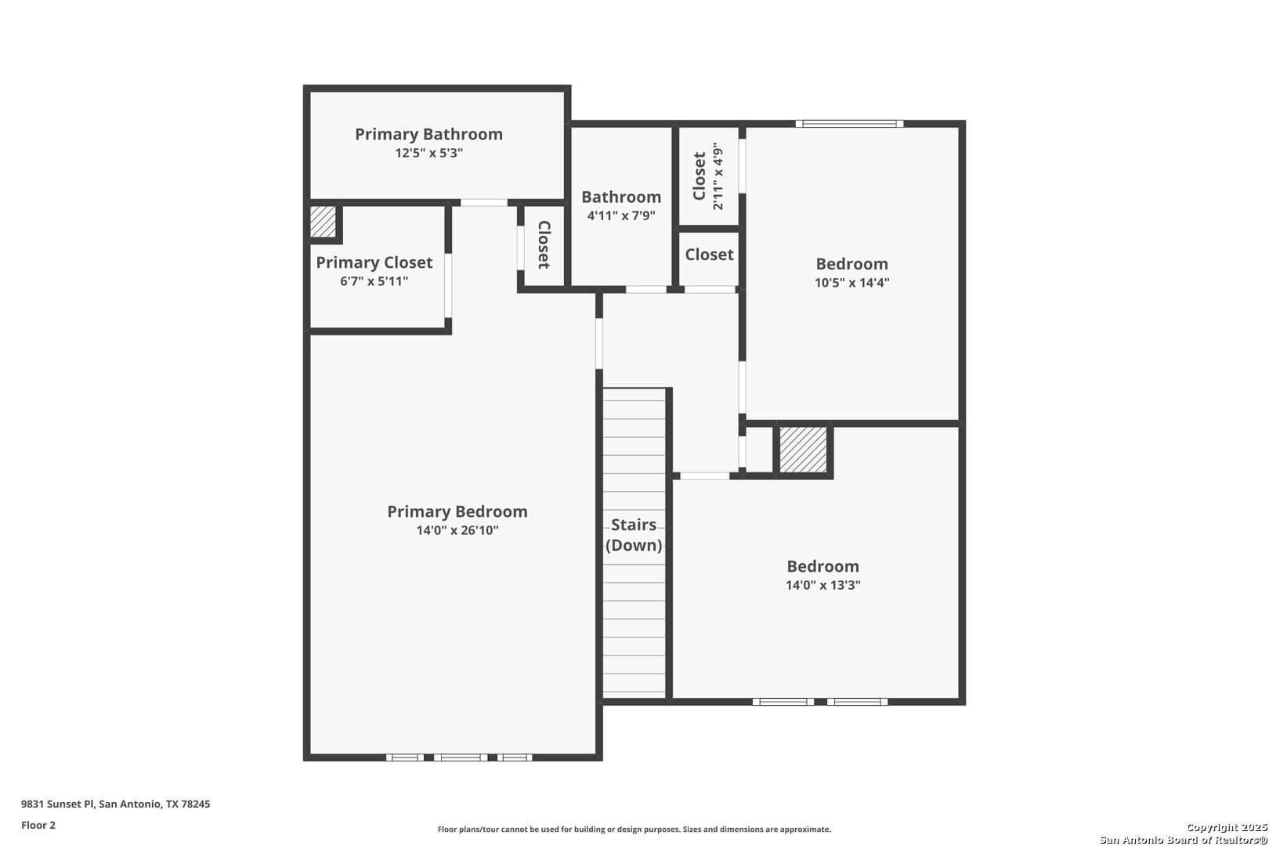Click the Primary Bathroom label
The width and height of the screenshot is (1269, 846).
pyautogui.click(x=428, y=134)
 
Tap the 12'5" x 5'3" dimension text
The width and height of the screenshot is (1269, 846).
pyautogui.click(x=428, y=153)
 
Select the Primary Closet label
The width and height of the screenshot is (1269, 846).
pyautogui.click(x=374, y=262)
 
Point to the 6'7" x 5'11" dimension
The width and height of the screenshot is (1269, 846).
pyautogui.click(x=374, y=281)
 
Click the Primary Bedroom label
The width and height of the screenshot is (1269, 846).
pyautogui.click(x=457, y=512)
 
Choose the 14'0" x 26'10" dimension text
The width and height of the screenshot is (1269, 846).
pyautogui.click(x=457, y=530)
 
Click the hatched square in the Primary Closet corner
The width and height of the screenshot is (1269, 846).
pyautogui.click(x=323, y=222)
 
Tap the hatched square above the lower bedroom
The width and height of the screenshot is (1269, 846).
pyautogui.click(x=803, y=450)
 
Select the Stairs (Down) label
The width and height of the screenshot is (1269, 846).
pyautogui.click(x=634, y=535)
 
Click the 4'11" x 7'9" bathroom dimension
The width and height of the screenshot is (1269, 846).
pyautogui.click(x=621, y=216)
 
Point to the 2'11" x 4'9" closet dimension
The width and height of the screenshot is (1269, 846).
pyautogui.click(x=718, y=176)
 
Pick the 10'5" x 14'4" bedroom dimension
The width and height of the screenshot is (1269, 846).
pyautogui.click(x=851, y=283)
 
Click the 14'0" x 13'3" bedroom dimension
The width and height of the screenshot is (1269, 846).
pyautogui.click(x=822, y=585)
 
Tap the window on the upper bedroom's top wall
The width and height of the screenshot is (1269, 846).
pyautogui.click(x=849, y=124)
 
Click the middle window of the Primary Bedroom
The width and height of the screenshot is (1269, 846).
pyautogui.click(x=461, y=757)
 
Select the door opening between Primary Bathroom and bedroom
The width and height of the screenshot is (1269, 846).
pyautogui.click(x=484, y=203)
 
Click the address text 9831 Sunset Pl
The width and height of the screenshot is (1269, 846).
pyautogui.click(x=57, y=804)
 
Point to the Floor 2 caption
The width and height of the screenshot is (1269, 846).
pyautogui.click(x=38, y=825)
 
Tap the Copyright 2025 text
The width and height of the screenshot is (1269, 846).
pyautogui.click(x=1227, y=828)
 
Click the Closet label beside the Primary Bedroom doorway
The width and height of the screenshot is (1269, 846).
pyautogui.click(x=544, y=244)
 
